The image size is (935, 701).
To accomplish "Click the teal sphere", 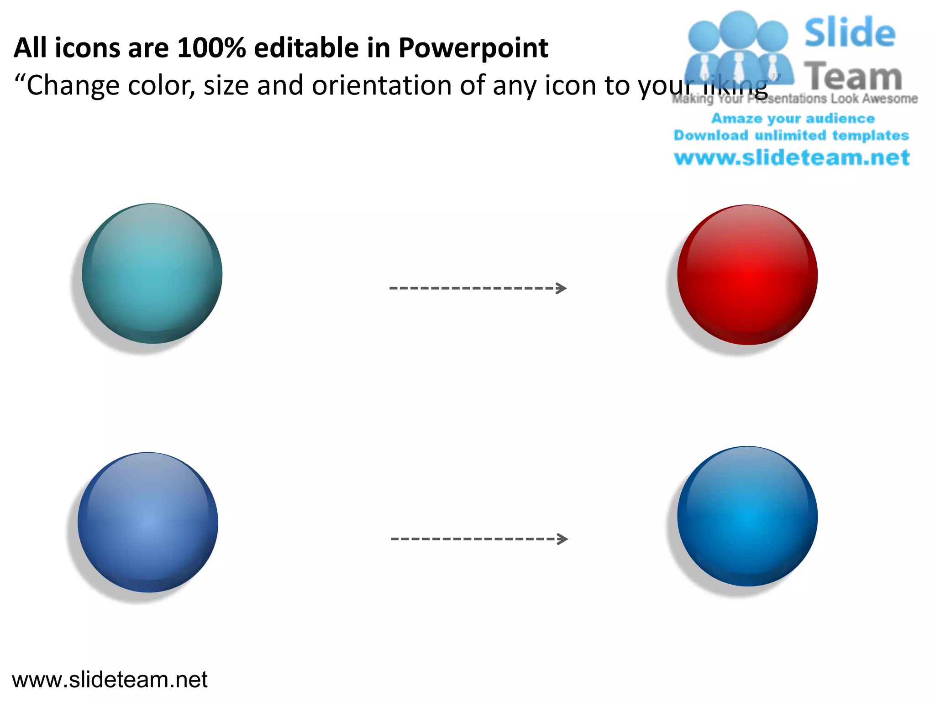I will (152, 273).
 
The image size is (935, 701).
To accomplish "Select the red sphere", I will (747, 275).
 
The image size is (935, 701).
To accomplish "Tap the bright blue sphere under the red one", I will (747, 516).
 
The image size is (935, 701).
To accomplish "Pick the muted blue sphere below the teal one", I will (148, 523).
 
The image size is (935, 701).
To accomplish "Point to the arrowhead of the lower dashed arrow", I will (563, 539).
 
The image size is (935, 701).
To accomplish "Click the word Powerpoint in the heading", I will (473, 48).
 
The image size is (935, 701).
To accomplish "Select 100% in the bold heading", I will (211, 48).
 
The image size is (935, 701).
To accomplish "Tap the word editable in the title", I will (306, 48).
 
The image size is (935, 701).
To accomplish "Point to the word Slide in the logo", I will (850, 33).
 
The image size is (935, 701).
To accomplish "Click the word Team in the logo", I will (853, 76).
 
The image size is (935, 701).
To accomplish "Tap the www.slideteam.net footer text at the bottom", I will (110, 680).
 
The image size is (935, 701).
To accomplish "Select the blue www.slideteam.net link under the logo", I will (792, 158).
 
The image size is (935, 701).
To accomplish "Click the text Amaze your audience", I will (793, 119).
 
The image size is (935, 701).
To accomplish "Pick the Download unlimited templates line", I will (792, 136).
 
